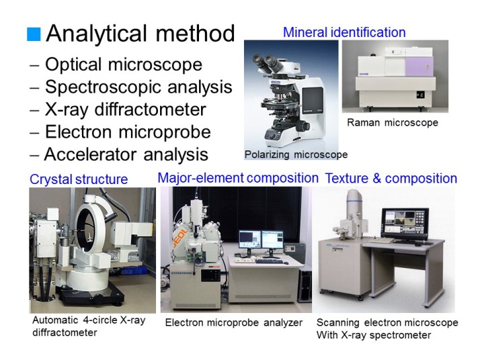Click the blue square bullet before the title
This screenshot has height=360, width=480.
point(34,34)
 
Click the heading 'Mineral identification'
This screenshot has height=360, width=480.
point(344,32)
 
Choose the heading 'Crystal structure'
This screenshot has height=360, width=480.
point(79,179)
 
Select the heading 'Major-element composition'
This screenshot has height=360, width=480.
point(238,178)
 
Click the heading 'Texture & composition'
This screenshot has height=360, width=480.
point(391,178)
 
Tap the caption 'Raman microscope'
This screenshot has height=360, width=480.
point(393,123)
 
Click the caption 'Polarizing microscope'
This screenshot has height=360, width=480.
point(296,154)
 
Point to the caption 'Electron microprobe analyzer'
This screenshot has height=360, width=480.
point(234,322)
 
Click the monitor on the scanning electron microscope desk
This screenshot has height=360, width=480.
point(405,223)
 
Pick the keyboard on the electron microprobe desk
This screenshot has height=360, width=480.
point(268,261)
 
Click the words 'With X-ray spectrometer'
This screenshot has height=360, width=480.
point(374,335)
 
